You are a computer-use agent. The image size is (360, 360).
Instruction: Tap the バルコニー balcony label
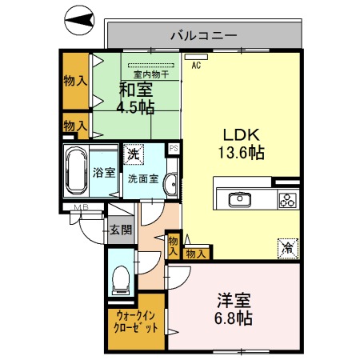click(202, 35)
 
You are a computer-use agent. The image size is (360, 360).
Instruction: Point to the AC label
click(196, 66)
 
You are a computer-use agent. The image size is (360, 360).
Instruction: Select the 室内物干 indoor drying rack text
click(150, 75)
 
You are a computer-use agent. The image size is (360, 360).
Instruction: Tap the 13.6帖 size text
click(239, 152)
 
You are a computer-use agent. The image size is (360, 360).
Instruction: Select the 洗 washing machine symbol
click(133, 153)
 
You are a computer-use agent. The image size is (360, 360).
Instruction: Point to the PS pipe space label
click(172, 149)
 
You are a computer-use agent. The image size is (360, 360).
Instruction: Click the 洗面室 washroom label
click(143, 178)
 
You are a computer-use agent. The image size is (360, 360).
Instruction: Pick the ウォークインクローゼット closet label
click(135, 322)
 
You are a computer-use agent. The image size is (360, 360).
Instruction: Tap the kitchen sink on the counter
click(239, 199)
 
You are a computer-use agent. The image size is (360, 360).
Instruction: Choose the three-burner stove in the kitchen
click(287, 200)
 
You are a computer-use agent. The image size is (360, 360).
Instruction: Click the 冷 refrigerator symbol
click(286, 248)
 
